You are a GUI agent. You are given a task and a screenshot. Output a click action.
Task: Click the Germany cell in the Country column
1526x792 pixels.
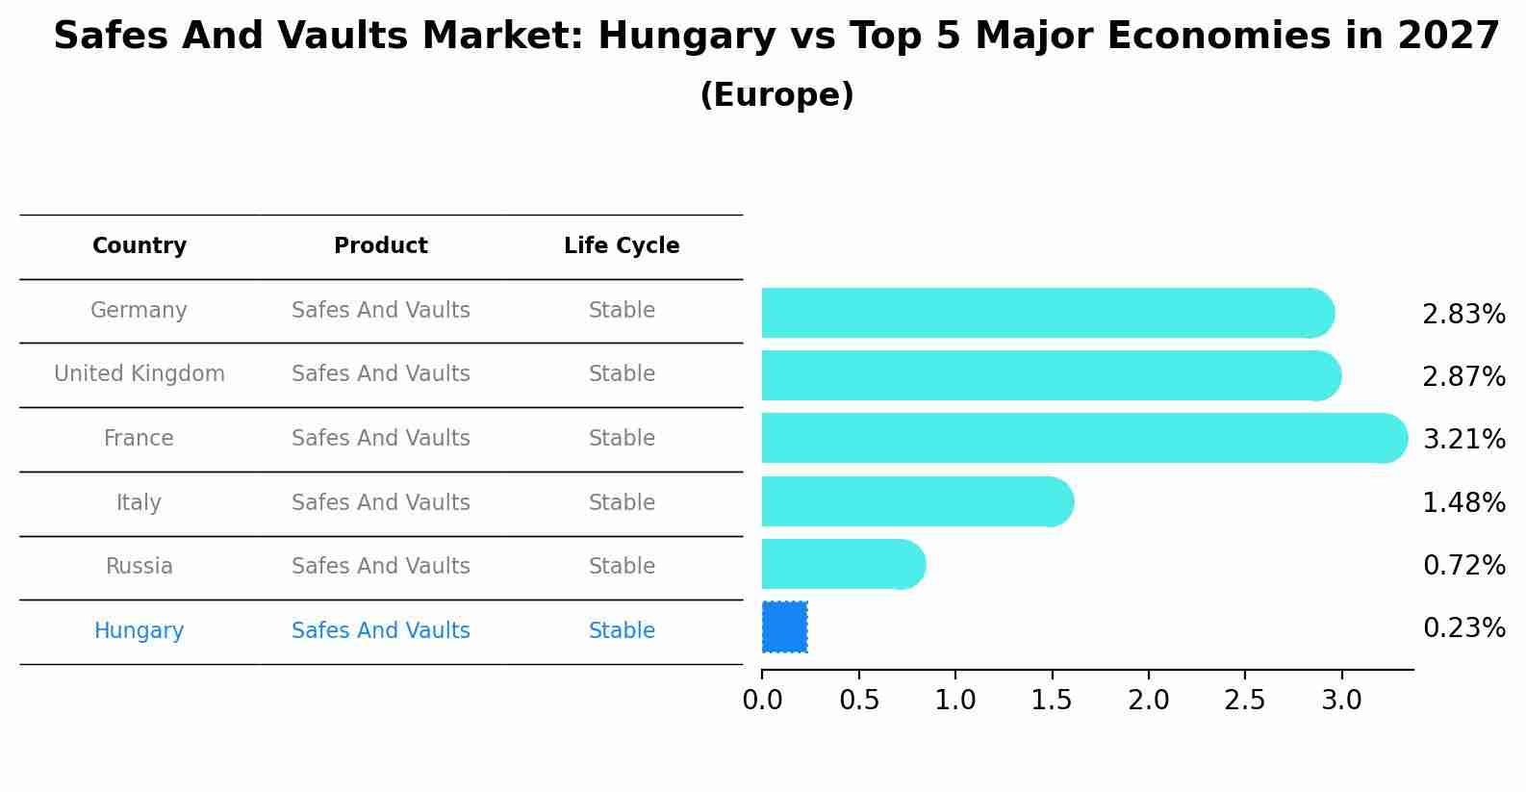(139, 311)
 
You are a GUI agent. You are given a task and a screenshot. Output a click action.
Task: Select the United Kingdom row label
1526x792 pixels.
(139, 374)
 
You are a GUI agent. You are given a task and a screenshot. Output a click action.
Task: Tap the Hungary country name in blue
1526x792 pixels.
(139, 631)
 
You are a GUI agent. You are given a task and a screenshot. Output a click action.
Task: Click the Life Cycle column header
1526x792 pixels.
(622, 246)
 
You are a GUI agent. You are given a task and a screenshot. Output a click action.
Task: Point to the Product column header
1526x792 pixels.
(380, 246)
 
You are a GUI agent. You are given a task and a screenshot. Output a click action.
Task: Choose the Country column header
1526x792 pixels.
(139, 246)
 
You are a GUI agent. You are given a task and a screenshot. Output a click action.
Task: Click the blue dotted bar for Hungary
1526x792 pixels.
(784, 627)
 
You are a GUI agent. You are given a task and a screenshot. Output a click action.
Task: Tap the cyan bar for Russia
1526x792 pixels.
(837, 565)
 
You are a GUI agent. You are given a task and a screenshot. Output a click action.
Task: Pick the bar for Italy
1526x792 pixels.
(914, 502)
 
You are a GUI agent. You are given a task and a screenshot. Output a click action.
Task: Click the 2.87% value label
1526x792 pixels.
(1463, 377)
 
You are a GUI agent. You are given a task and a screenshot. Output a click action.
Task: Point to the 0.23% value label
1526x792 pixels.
(1463, 628)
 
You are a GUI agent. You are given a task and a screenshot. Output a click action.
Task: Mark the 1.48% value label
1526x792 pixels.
(1463, 503)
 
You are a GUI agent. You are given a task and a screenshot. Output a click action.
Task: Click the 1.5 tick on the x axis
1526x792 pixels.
(1052, 701)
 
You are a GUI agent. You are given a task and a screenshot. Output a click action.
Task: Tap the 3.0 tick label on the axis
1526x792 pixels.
(1341, 701)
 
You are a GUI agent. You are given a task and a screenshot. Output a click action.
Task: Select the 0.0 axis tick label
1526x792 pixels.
(762, 701)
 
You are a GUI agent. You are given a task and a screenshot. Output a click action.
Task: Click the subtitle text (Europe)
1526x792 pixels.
(776, 95)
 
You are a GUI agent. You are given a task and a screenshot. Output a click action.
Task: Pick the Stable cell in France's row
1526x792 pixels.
(622, 439)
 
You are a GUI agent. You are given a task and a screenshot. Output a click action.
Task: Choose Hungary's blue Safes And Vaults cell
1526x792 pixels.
(380, 631)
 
